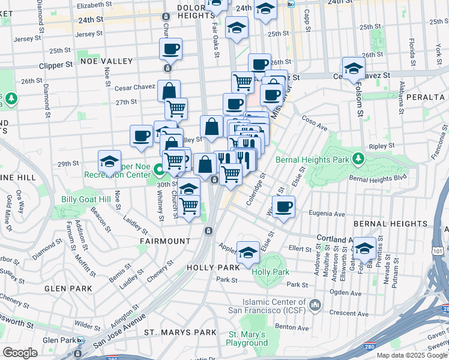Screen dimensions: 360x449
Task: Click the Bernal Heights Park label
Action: click(x=311, y=160)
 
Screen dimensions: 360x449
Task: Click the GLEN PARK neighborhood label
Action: click(x=68, y=289)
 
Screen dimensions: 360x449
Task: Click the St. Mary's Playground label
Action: click(x=247, y=339)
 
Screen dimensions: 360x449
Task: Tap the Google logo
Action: click(x=20, y=352)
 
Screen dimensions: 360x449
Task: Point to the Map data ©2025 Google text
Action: click(x=412, y=355)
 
